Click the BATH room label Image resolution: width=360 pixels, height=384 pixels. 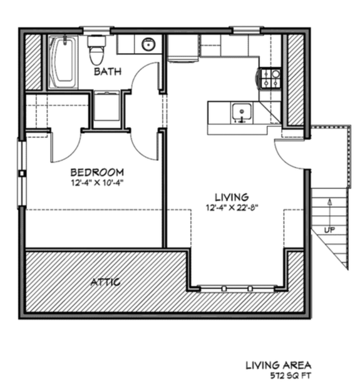tap(108, 72)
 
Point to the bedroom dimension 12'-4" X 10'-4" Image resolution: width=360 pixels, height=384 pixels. tap(96, 183)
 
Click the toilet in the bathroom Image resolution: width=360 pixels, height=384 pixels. tap(96, 50)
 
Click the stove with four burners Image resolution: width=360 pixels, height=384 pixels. tap(271, 78)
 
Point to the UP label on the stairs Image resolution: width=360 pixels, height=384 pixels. tap(329, 230)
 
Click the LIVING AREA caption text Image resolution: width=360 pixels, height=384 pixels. tap(278, 364)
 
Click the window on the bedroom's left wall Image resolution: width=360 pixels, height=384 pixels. tap(21, 172)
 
